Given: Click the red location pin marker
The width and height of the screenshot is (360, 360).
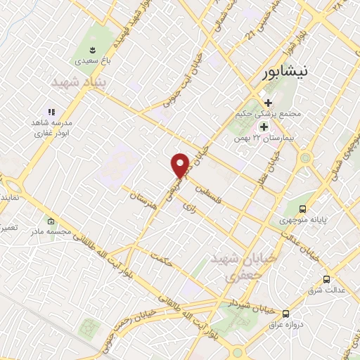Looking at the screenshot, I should [x=181, y=165].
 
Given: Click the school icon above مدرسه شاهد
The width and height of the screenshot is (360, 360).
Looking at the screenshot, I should [x=51, y=112].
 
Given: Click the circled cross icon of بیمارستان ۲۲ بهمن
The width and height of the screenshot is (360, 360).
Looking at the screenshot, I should [x=264, y=127].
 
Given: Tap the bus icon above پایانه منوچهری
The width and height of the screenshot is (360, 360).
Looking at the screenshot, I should [x=303, y=208].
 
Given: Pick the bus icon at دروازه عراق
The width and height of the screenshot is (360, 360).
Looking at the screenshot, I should [x=285, y=314].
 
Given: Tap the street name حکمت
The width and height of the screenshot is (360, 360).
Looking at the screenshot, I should [x=162, y=260].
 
